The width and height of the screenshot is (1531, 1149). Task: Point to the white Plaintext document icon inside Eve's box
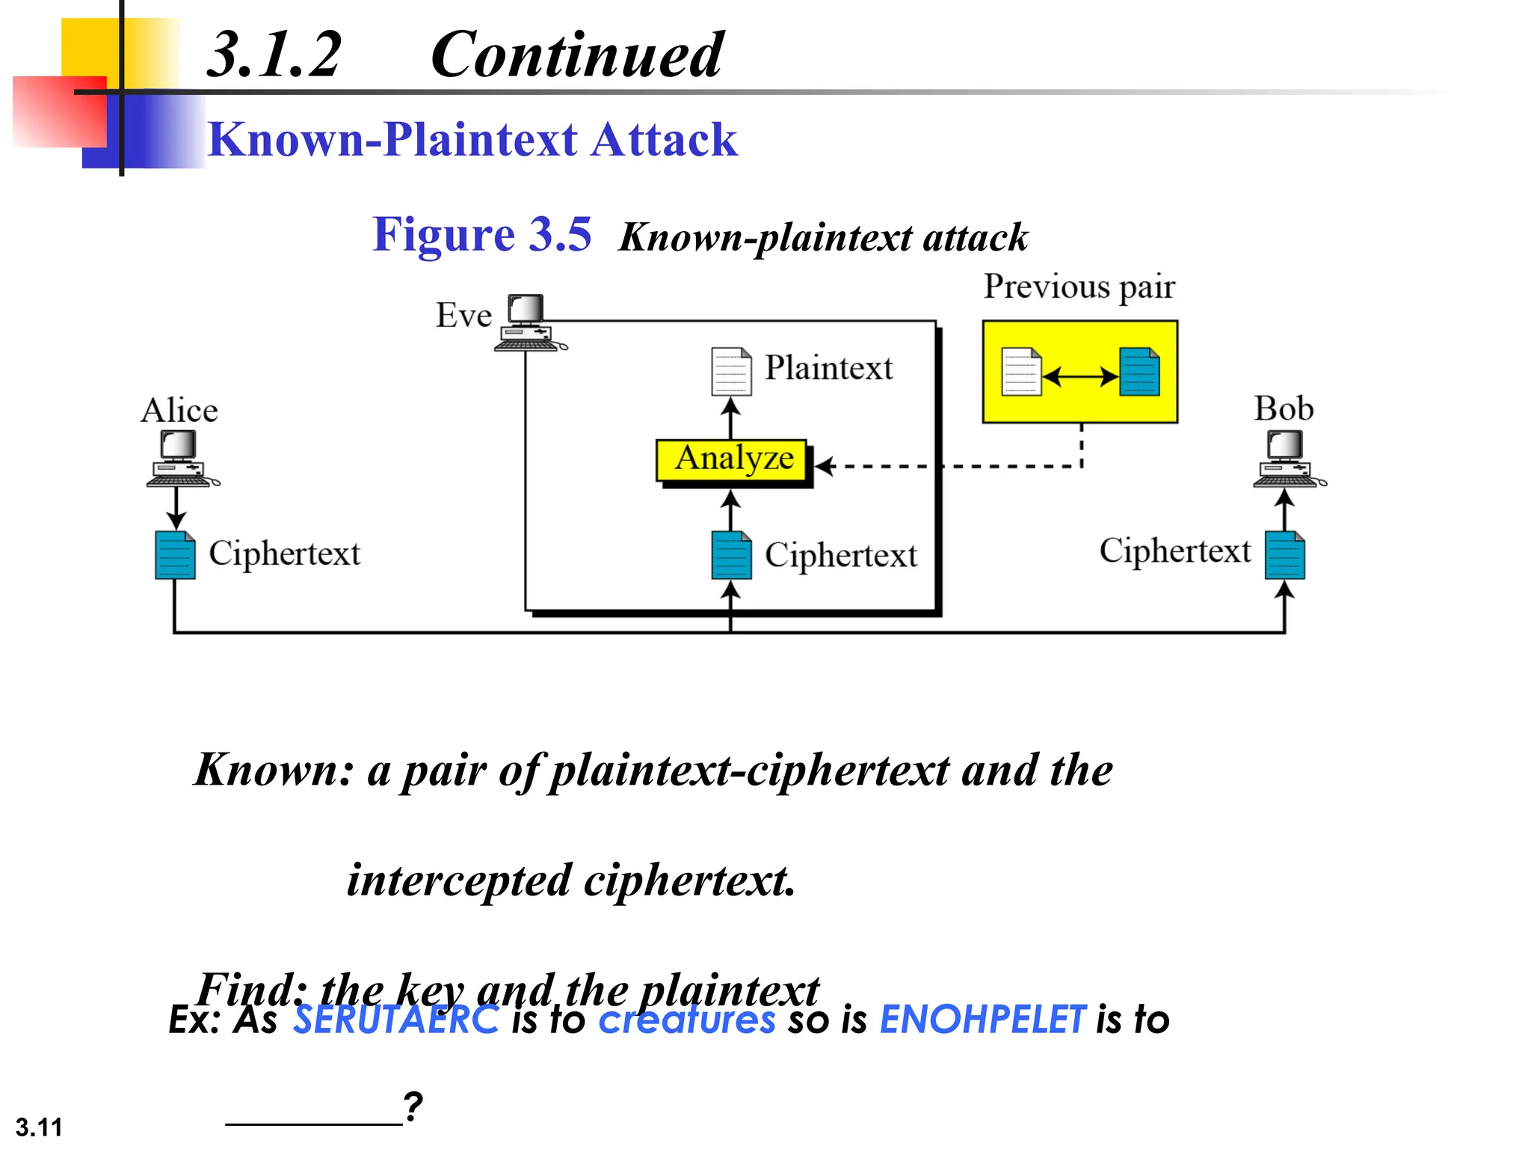730,371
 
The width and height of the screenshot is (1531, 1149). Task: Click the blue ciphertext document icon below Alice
175,555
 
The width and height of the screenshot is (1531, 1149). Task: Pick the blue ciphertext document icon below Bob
1284,555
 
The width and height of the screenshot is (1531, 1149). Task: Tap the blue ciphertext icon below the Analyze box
730,555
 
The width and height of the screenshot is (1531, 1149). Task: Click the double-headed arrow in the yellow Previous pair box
1080,376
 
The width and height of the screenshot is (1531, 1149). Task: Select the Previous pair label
1079,287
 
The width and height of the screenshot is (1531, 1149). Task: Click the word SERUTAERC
395,1020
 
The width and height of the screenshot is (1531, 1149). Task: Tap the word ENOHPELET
982,1020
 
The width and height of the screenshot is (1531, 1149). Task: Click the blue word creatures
686,1020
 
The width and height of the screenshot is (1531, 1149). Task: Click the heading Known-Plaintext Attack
472,140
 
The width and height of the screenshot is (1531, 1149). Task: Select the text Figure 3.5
481,235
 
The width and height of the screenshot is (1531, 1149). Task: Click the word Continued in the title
576,55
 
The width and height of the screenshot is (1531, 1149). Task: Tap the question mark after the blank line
413,1106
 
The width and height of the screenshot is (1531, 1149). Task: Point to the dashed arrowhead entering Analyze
824,467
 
